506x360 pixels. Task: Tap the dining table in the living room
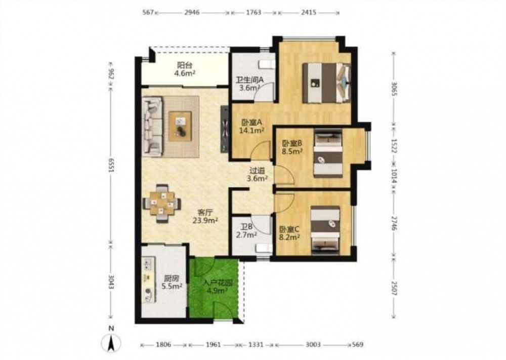tap(162, 204)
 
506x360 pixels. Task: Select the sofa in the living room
tap(152, 126)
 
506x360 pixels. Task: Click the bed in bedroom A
tap(326, 83)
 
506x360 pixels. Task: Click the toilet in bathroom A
tap(267, 64)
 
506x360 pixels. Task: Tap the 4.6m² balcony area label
tap(185, 73)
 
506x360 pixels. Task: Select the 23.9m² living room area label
tap(205, 221)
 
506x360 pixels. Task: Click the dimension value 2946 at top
tap(192, 13)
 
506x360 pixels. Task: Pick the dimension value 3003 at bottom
tap(313, 344)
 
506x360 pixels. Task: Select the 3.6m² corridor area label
tap(257, 179)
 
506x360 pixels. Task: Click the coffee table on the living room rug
tap(180, 126)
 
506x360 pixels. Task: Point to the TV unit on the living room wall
tap(225, 129)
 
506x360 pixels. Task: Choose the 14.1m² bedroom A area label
tap(252, 131)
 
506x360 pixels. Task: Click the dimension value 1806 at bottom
tap(163, 344)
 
